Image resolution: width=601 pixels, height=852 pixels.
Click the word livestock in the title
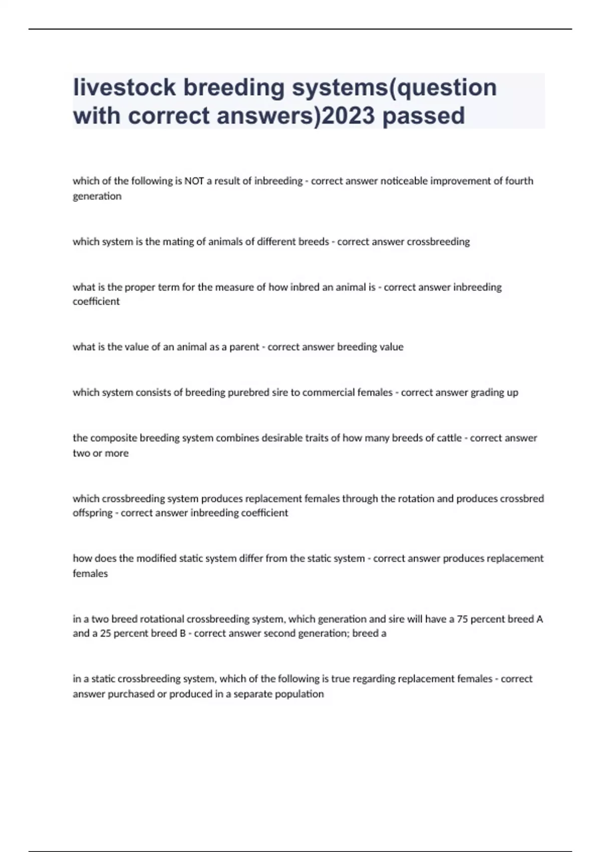pos(124,87)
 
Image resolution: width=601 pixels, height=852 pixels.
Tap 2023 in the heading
pos(348,116)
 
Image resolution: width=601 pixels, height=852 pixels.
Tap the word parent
pos(244,347)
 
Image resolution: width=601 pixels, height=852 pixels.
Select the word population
pos(299,694)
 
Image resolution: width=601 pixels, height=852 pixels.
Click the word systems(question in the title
pos(395,87)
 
